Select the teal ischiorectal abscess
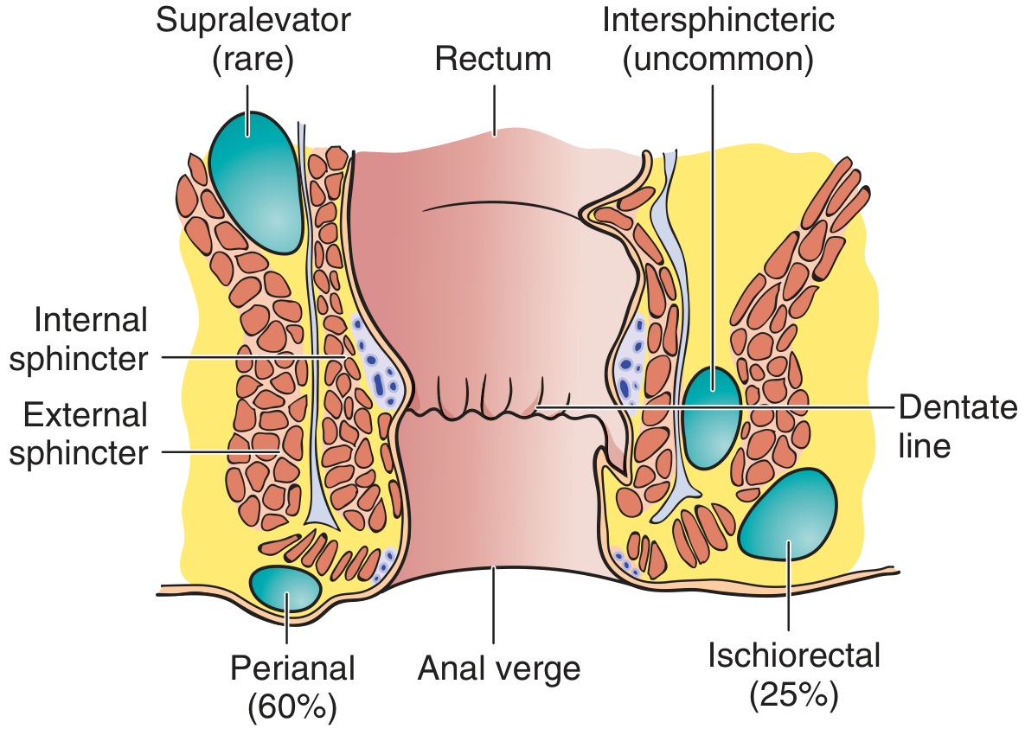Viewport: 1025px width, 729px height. point(789,514)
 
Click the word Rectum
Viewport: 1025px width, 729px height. point(493,60)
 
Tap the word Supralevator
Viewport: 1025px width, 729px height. point(253,22)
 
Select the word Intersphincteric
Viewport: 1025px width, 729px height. point(719,22)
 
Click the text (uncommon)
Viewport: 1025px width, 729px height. point(719,61)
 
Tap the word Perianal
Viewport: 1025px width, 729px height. point(293,668)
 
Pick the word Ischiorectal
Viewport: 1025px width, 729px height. point(794,655)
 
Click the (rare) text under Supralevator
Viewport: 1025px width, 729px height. point(253,61)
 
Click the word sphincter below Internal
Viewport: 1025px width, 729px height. point(79,359)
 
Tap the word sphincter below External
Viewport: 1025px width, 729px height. point(79,453)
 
